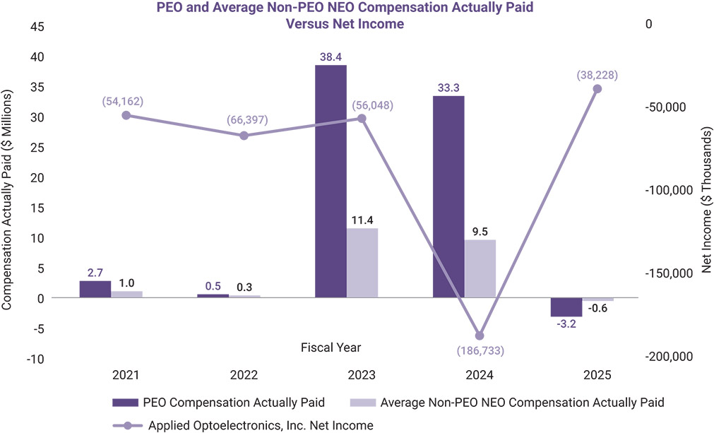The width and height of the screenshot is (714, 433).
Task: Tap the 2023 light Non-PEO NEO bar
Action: click(362, 263)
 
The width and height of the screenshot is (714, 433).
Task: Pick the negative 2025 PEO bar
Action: click(566, 307)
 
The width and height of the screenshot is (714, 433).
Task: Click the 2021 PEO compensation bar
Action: click(95, 289)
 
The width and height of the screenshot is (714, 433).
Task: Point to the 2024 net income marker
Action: click(480, 336)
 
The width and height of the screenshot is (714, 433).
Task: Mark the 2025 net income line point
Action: click(597, 89)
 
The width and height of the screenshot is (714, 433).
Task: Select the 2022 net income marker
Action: click(244, 136)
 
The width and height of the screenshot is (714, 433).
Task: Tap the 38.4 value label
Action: click(331, 55)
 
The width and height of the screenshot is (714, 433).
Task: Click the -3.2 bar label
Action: click(566, 325)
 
